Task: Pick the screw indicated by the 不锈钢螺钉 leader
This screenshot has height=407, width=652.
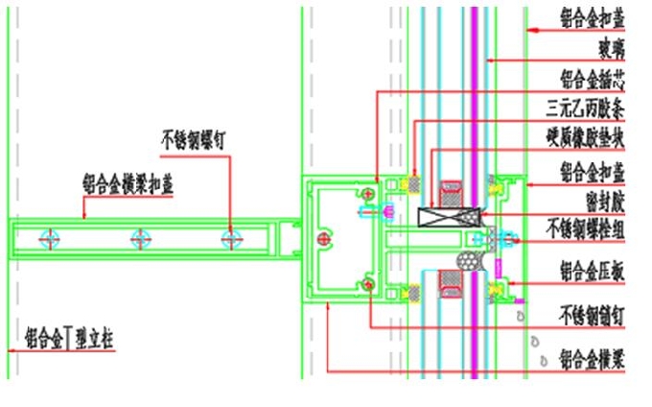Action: pos(230,238)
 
